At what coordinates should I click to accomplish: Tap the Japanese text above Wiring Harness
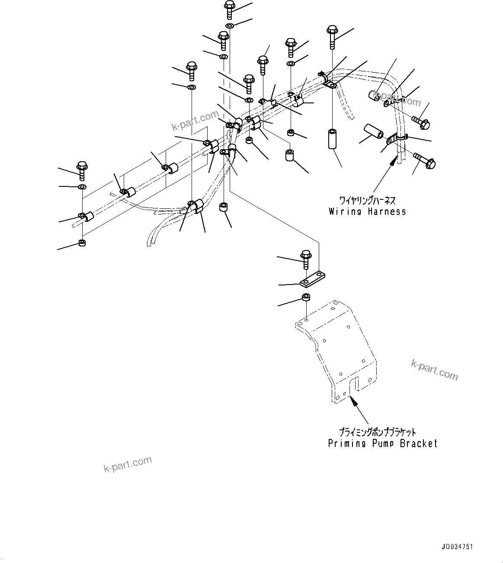point(367,201)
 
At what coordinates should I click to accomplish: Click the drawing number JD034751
point(457,547)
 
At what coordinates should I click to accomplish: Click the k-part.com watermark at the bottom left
point(128,465)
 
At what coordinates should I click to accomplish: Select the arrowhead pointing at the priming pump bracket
point(354,401)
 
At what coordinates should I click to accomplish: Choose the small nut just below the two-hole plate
point(306,298)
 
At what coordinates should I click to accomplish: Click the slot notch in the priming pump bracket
point(354,384)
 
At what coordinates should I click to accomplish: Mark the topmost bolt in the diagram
point(229,10)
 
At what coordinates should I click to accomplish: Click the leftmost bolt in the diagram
point(82,170)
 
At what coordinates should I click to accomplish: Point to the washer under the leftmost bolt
point(82,187)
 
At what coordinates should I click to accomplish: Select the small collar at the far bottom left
point(82,243)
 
